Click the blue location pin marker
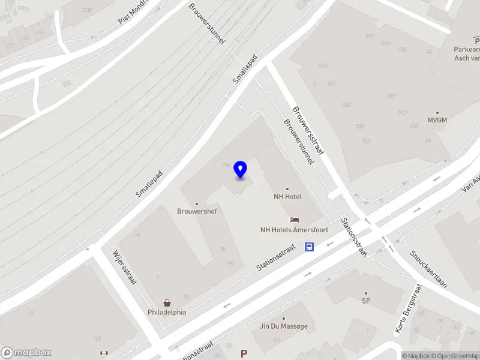click(x=241, y=169)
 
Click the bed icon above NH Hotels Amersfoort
click(x=294, y=220)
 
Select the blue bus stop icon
click(x=310, y=247)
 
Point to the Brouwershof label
click(x=197, y=211)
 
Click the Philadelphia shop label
click(x=167, y=312)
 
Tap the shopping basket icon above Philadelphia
click(x=167, y=303)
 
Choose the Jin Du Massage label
click(x=284, y=326)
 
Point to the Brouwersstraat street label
click(x=307, y=130)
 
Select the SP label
click(x=365, y=301)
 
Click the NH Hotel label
click(x=287, y=196)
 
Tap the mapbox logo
click(x=26, y=353)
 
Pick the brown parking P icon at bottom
click(x=244, y=354)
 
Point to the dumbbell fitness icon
click(x=104, y=353)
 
